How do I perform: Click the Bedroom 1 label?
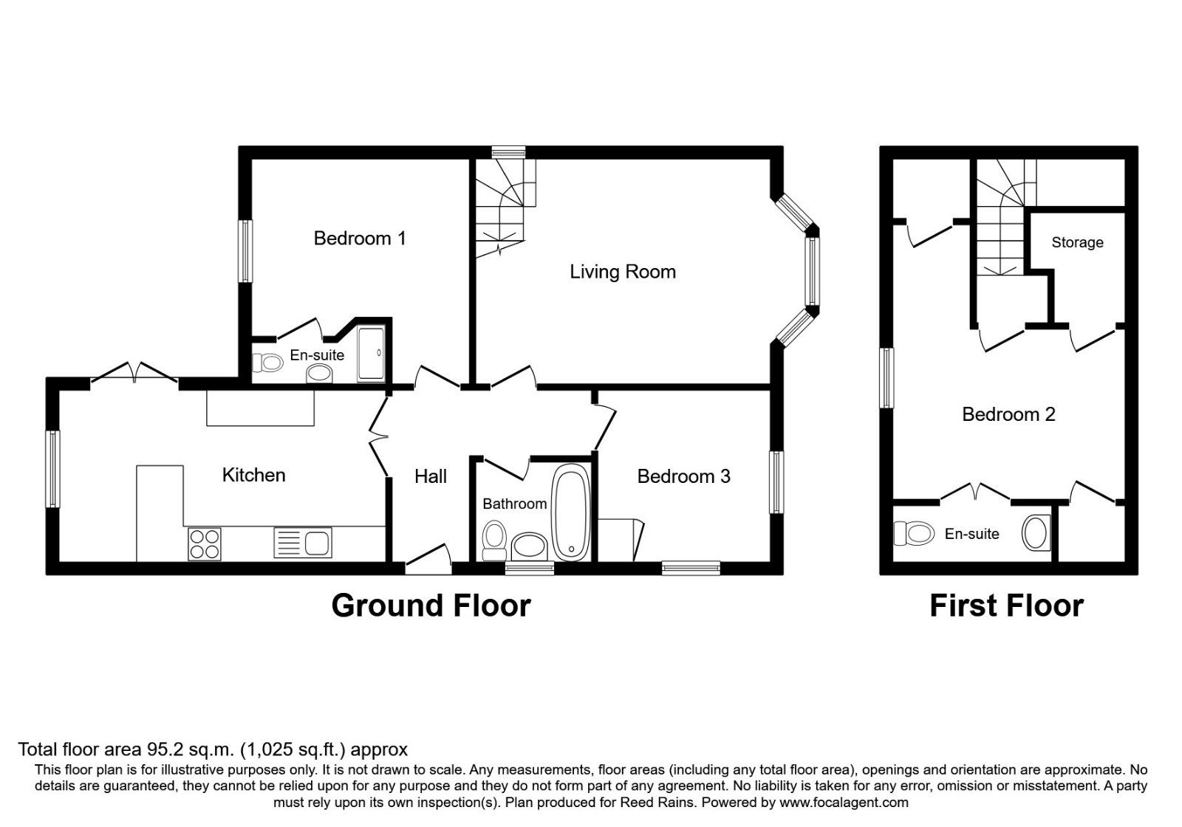tap(360, 239)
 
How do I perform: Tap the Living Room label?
tap(622, 272)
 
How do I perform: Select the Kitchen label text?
tap(253, 475)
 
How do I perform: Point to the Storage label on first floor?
tap(1077, 243)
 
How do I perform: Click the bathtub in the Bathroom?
tap(571, 513)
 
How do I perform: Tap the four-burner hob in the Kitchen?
tap(205, 544)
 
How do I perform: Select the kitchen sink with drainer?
tap(302, 543)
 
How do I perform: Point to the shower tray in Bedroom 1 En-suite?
tap(371, 354)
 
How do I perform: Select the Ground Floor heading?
tap(431, 605)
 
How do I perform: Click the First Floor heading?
tap(1006, 605)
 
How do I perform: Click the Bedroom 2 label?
tap(1008, 414)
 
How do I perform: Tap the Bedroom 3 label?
tap(683, 476)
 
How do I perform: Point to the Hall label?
tap(431, 476)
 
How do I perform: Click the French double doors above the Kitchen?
tap(134, 373)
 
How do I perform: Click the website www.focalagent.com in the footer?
tap(844, 802)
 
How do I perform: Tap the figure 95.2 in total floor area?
tap(157, 750)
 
